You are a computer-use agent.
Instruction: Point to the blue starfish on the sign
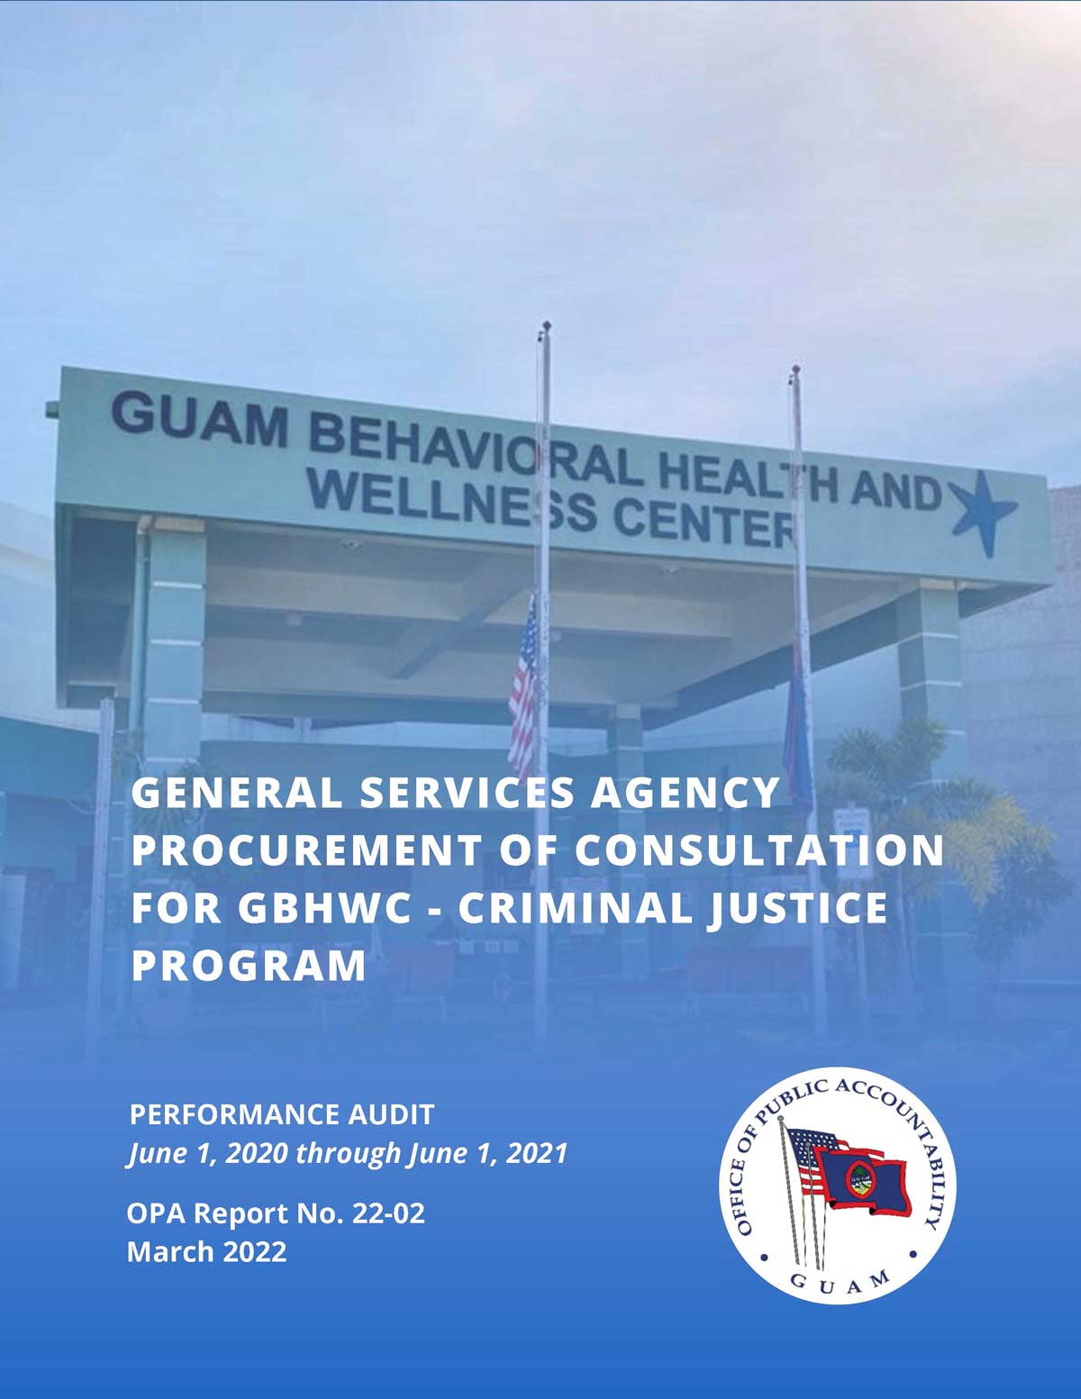[983, 513]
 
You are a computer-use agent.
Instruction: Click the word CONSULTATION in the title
[759, 850]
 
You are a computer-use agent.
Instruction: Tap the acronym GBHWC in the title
[323, 908]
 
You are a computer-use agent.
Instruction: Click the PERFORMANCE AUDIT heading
[282, 1114]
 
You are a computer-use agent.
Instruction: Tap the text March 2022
[206, 1252]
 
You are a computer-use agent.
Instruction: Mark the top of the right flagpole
[795, 369]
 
